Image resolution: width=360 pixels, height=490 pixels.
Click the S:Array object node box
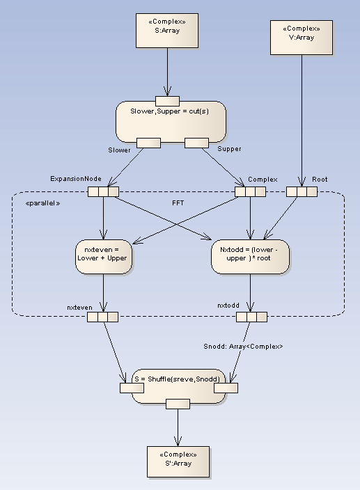tap(167, 31)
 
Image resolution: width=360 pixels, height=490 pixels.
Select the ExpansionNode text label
tap(76, 179)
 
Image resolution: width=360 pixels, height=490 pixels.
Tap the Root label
tap(320, 179)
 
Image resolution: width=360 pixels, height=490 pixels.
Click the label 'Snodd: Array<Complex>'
tap(243, 346)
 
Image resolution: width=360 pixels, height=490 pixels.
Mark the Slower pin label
tap(119, 150)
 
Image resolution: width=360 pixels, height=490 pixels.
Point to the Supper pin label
tap(229, 150)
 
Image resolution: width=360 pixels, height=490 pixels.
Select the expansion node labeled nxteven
tap(103, 317)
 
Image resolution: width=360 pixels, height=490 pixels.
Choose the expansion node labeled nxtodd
tap(251, 317)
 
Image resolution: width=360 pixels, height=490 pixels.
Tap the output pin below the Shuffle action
tap(178, 404)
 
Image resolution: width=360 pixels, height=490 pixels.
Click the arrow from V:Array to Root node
tap(301, 118)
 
